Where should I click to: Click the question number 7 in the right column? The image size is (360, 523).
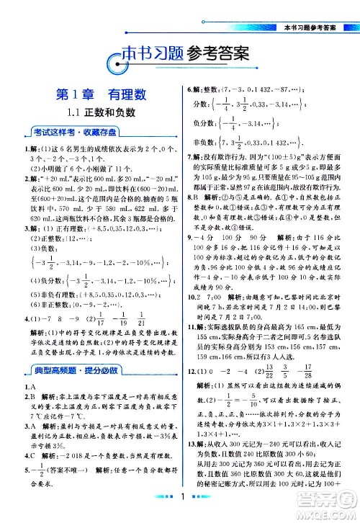(x=189, y=175)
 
